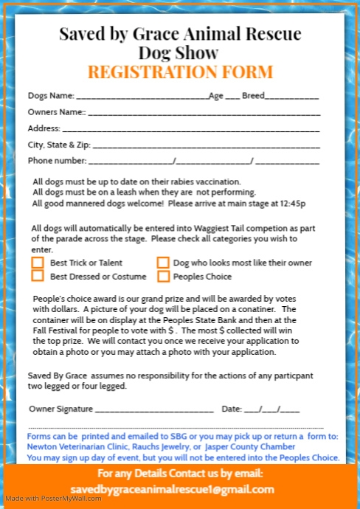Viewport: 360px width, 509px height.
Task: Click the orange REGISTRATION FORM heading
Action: [180, 72]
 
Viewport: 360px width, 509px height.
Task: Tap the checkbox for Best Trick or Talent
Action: [38, 263]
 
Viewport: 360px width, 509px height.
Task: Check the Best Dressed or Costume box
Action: [38, 277]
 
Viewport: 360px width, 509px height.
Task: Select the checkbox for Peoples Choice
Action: [162, 277]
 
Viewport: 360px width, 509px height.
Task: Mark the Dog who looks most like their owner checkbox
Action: [162, 263]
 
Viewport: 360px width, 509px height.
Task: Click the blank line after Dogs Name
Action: [142, 97]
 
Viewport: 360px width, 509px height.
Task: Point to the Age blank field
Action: [232, 97]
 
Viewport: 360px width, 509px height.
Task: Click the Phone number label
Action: [57, 160]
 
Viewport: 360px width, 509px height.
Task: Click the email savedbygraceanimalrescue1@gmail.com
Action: [173, 489]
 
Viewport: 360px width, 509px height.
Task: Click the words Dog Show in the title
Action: [179, 52]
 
